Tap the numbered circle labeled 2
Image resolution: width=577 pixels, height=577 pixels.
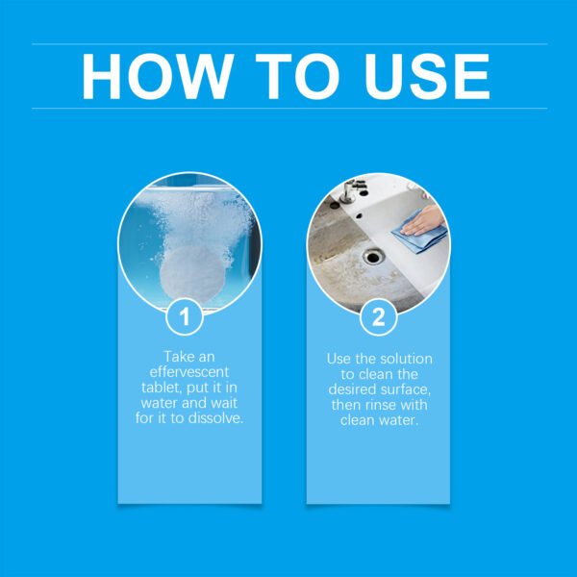(378, 315)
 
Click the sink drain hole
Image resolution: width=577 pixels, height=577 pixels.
(373, 257)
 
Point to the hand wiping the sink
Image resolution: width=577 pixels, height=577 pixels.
(429, 219)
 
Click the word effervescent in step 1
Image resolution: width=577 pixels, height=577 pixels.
(189, 373)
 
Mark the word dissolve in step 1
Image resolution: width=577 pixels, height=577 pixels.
(217, 419)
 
